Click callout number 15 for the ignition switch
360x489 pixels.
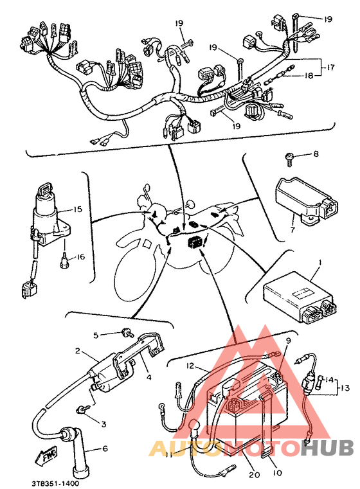click(77, 209)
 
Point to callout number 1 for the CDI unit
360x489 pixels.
click(319, 262)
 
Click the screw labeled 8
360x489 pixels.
click(289, 159)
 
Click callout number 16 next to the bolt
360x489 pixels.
click(80, 256)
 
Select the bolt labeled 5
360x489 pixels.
click(127, 333)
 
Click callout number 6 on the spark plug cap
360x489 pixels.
click(105, 448)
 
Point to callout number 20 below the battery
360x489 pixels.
click(254, 475)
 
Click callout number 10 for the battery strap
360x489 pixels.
click(277, 473)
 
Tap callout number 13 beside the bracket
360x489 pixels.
click(345, 388)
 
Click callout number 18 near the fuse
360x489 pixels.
click(308, 75)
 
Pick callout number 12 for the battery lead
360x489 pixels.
click(190, 366)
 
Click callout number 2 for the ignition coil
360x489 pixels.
click(78, 351)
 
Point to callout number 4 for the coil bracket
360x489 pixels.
click(149, 377)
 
